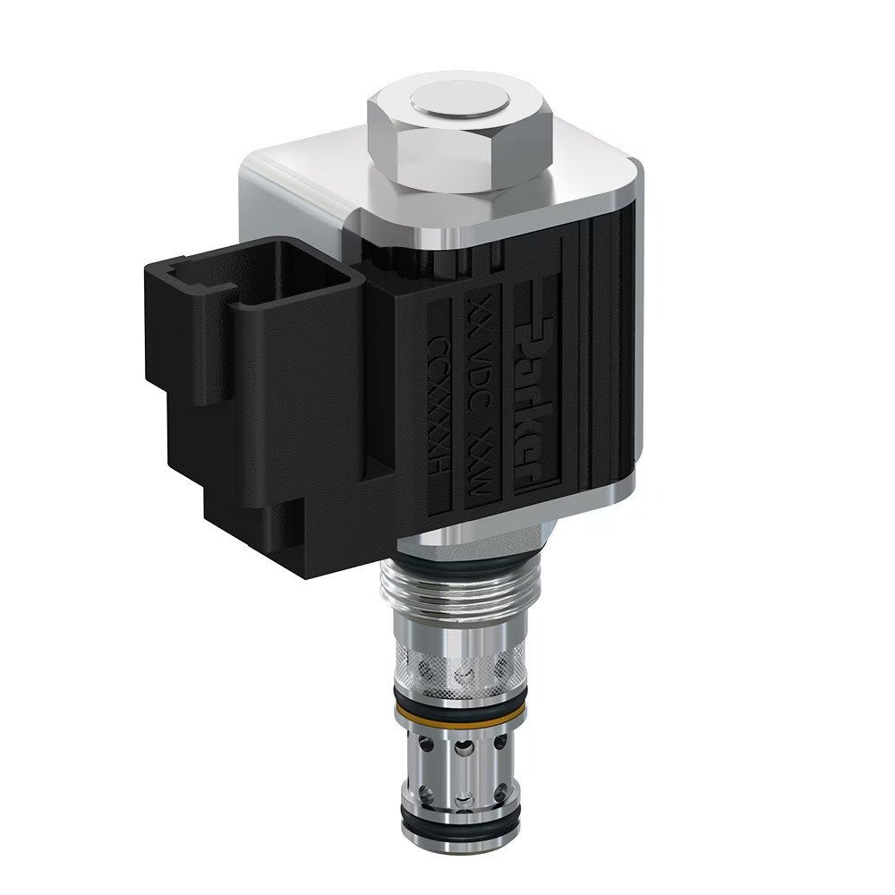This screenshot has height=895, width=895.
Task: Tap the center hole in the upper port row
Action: [x=463, y=745]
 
